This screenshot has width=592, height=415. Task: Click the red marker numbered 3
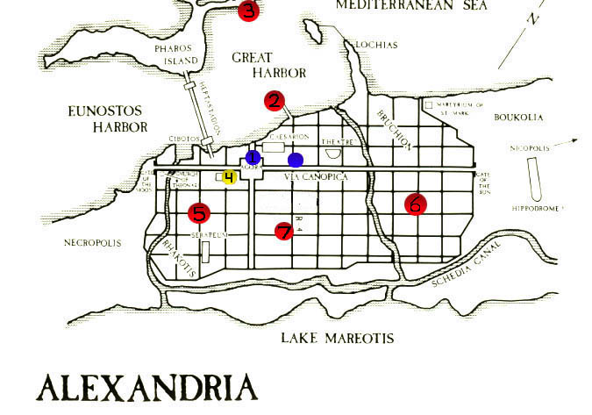coord(248,11)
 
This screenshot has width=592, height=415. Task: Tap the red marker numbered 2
coord(275,101)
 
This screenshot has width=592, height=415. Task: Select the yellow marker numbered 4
coord(229,177)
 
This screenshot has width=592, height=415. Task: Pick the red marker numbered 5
coord(199,212)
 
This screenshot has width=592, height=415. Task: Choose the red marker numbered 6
coord(416,204)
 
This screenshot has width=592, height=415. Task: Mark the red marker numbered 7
coord(283,231)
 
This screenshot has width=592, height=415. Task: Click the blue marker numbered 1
coord(253,157)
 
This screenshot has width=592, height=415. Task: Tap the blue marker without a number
coord(296,160)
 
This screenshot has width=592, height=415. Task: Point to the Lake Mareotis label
coord(337,339)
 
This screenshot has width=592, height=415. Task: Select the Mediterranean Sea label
coord(406,5)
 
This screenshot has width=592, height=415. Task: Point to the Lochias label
coord(375,45)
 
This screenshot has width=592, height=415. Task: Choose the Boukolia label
coord(518,117)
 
